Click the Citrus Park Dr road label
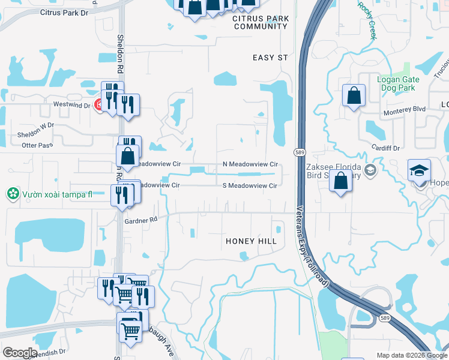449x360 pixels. (64, 12)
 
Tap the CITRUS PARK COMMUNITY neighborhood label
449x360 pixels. (261, 23)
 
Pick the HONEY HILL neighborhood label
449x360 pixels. (251, 241)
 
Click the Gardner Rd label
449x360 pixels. (140, 220)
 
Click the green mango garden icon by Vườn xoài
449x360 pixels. (11, 193)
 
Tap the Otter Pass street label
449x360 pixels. (19, 145)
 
